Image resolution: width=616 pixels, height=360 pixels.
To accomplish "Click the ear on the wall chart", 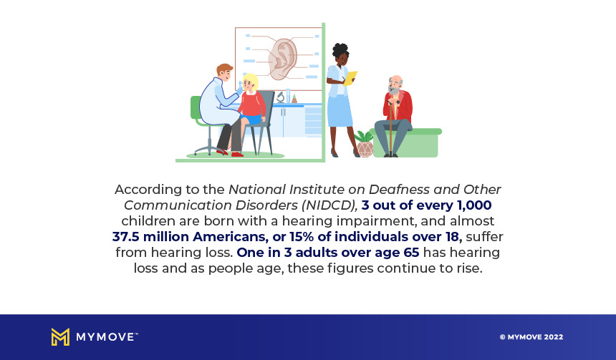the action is coord(283,59).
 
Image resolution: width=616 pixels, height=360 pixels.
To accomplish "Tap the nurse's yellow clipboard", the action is coord(350,78).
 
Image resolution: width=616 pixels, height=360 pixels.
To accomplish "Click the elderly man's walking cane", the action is coord(391,127).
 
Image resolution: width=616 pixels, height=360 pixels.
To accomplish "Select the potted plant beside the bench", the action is coord(364,144).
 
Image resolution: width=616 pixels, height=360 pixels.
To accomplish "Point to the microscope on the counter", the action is coord(281,97).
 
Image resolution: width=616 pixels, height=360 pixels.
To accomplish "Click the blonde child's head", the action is coord(250,82).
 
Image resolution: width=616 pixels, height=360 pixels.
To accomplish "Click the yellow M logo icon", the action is coord(60,337).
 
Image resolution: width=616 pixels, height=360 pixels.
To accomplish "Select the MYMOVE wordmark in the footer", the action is coord(107,337).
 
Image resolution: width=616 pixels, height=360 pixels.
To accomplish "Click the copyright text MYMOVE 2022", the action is coord(531,337).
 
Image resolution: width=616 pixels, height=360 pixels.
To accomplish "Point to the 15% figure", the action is coord(302,237).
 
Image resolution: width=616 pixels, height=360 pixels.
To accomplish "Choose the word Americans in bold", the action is coord(229,237).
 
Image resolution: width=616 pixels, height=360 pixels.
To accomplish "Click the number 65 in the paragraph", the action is coord(411,253).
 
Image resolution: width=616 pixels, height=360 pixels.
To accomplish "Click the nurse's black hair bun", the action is coord(340,50).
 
